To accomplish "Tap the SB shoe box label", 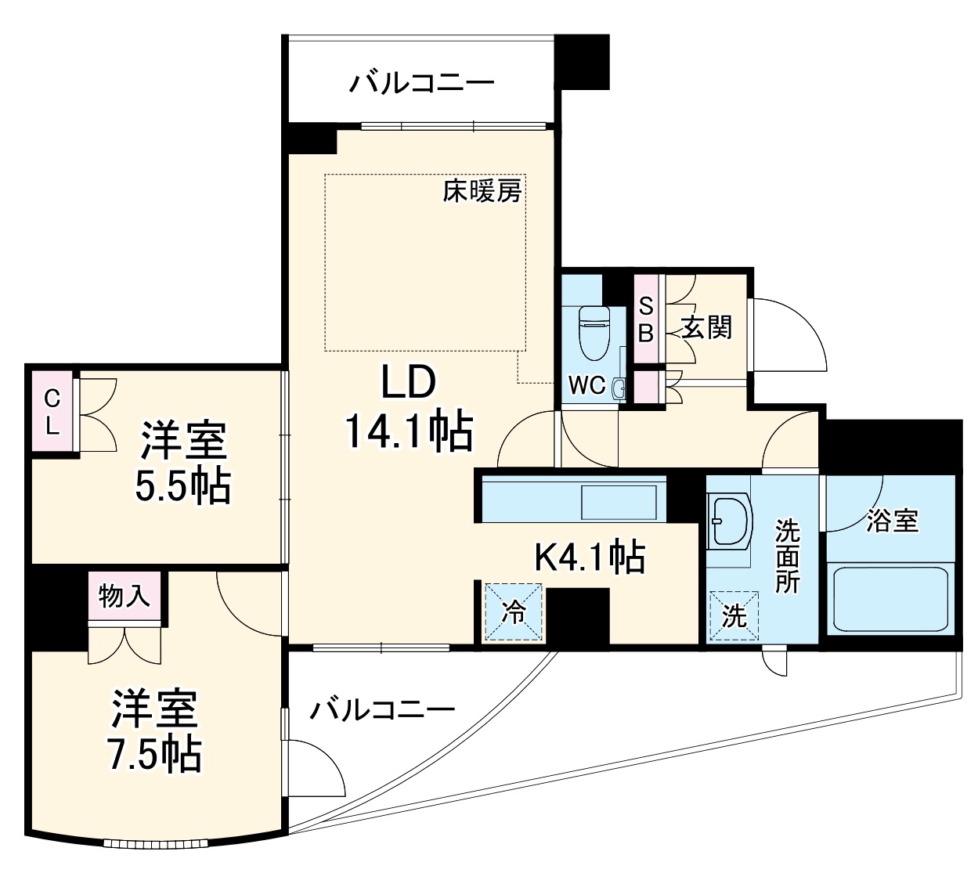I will (x=645, y=319).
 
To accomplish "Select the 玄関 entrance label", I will (x=706, y=327).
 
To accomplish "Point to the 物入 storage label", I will (x=124, y=597).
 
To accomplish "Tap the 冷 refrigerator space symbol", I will (x=514, y=612).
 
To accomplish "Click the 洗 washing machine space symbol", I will (x=734, y=616).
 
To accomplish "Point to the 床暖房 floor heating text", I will (x=482, y=190).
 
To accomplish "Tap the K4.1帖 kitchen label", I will (x=589, y=557).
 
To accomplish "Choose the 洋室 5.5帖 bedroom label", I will (x=183, y=462).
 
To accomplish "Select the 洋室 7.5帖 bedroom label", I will (x=154, y=731).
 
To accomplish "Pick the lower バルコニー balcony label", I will (x=382, y=710).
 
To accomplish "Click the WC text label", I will (x=586, y=384).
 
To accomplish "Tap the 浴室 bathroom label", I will (x=892, y=521).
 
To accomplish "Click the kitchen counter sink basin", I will (x=619, y=501).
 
